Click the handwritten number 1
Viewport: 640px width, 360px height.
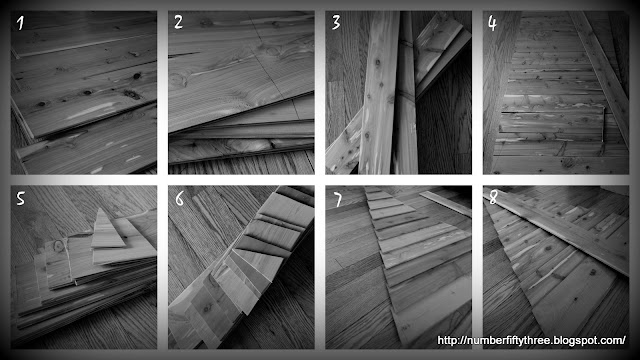[20, 23]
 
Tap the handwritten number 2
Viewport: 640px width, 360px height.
[178, 22]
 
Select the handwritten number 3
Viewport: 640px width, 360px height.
[336, 22]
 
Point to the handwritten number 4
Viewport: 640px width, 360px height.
[492, 23]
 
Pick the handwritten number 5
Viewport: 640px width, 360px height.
[20, 199]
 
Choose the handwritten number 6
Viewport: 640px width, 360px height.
[180, 198]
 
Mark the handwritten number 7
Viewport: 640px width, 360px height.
[338, 200]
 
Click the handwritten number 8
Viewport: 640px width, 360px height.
[493, 198]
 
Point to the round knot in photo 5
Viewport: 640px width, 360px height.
[58, 246]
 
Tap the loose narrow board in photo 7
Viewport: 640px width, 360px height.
[446, 203]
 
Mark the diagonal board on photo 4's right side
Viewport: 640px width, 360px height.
[599, 69]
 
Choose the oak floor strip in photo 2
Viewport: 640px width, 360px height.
[241, 164]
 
